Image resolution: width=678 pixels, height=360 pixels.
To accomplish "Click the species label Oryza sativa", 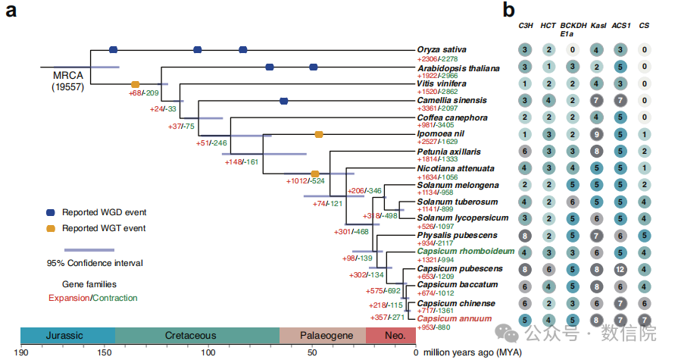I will click(441, 49).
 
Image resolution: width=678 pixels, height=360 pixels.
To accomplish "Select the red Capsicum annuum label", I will click(455, 320).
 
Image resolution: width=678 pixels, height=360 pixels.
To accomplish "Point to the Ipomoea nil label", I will click(439, 134).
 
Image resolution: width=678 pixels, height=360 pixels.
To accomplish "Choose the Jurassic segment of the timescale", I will click(68, 335).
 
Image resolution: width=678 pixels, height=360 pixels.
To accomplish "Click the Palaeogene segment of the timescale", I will click(323, 335).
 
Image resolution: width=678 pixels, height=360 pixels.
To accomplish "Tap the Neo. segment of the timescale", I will click(391, 335).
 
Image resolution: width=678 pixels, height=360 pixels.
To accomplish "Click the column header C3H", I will click(524, 26).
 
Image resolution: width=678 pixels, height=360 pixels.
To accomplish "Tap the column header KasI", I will click(598, 26).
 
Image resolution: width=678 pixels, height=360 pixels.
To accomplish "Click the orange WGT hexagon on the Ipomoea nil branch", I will click(319, 134).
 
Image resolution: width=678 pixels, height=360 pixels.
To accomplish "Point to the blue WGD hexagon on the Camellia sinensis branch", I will click(284, 100).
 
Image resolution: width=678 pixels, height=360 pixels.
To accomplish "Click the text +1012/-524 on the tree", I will click(305, 181).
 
